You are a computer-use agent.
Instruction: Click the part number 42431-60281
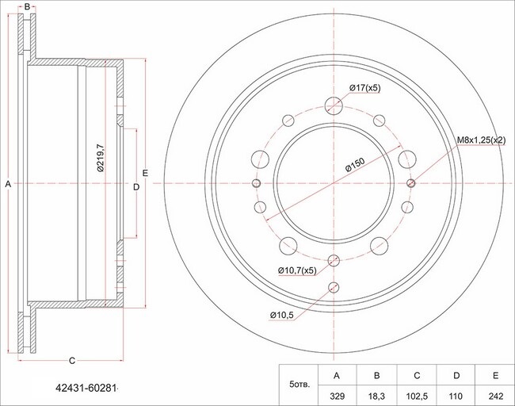(86, 389)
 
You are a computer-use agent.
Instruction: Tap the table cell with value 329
(338, 396)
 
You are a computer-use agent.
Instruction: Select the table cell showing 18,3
(376, 396)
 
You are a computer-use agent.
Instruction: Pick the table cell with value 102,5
(417, 396)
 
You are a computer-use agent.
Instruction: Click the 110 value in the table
(456, 396)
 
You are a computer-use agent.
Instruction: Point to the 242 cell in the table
(495, 396)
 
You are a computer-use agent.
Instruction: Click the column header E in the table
(495, 375)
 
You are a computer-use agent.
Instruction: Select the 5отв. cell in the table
(299, 385)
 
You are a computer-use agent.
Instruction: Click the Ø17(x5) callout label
(365, 88)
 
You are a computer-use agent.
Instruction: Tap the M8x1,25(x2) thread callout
(482, 140)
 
